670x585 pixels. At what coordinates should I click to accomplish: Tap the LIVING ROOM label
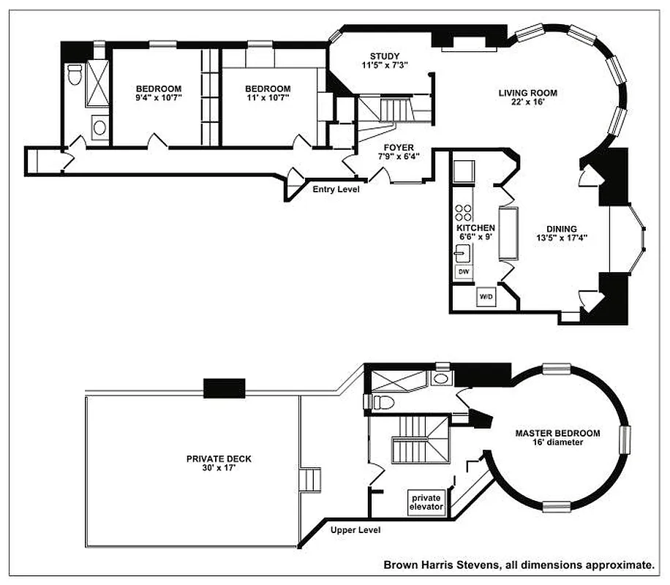click(x=527, y=93)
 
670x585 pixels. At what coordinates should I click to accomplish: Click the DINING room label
click(x=561, y=228)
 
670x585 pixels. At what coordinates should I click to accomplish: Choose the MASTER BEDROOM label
click(x=557, y=433)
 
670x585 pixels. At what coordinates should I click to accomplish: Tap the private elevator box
click(x=426, y=502)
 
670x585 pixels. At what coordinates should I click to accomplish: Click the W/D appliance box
click(x=486, y=297)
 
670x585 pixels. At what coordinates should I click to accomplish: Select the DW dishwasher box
click(x=463, y=271)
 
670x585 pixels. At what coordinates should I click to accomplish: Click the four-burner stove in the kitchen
click(x=463, y=212)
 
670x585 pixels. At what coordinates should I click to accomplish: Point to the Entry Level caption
click(x=335, y=189)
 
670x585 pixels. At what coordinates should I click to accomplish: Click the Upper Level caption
click(x=355, y=530)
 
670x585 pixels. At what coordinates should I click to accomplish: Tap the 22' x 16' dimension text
click(x=527, y=102)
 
